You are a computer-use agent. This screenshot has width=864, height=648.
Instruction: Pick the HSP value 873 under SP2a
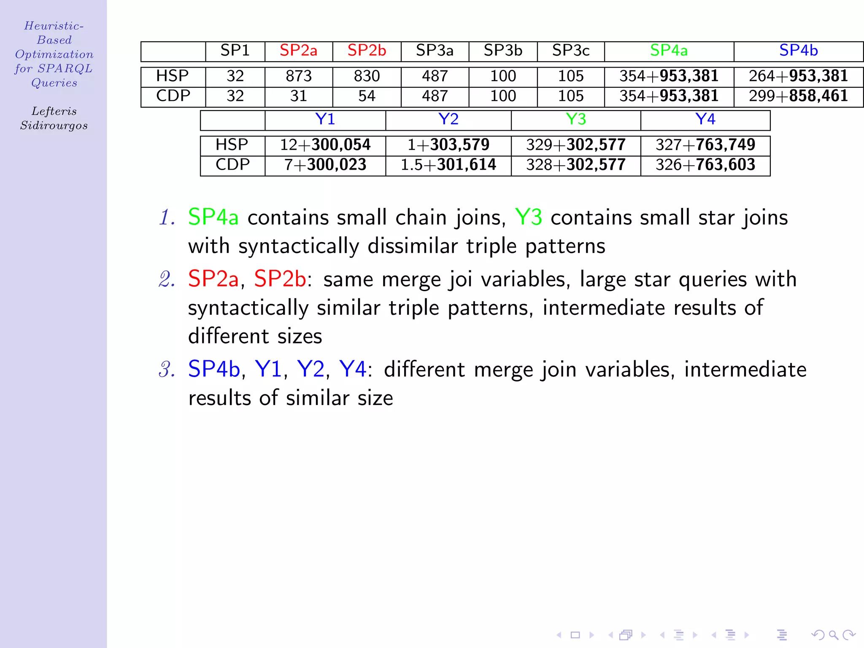298,76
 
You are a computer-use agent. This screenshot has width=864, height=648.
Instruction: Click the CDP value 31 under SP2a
298,96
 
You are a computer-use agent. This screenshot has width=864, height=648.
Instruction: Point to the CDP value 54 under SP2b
367,96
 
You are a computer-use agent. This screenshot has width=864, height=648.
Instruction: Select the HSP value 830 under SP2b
367,76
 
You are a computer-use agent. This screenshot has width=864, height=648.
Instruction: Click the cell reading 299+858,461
798,96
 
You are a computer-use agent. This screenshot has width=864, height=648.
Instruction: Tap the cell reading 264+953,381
798,76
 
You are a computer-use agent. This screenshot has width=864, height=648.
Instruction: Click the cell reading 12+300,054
325,145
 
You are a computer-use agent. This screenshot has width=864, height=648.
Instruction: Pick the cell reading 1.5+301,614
448,165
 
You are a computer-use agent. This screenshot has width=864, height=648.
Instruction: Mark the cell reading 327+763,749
705,145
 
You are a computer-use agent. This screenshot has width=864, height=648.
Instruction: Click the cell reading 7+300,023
325,165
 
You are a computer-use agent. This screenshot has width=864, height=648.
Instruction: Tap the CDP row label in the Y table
232,165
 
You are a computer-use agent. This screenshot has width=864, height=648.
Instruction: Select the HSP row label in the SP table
173,76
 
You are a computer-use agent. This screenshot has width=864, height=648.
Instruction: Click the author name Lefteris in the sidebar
54,111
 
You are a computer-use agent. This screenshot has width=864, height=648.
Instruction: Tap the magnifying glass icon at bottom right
833,635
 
